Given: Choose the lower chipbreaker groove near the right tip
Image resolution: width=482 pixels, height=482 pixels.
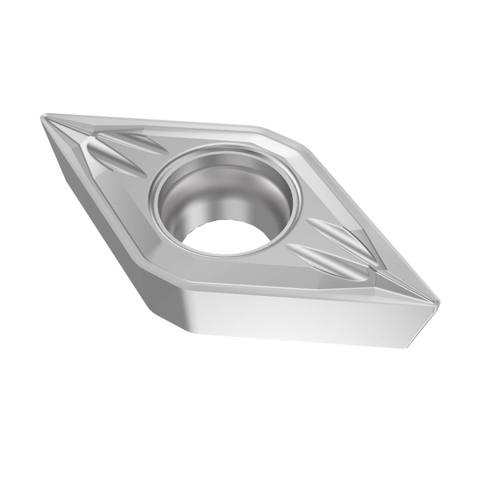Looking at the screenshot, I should [x=320, y=258].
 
